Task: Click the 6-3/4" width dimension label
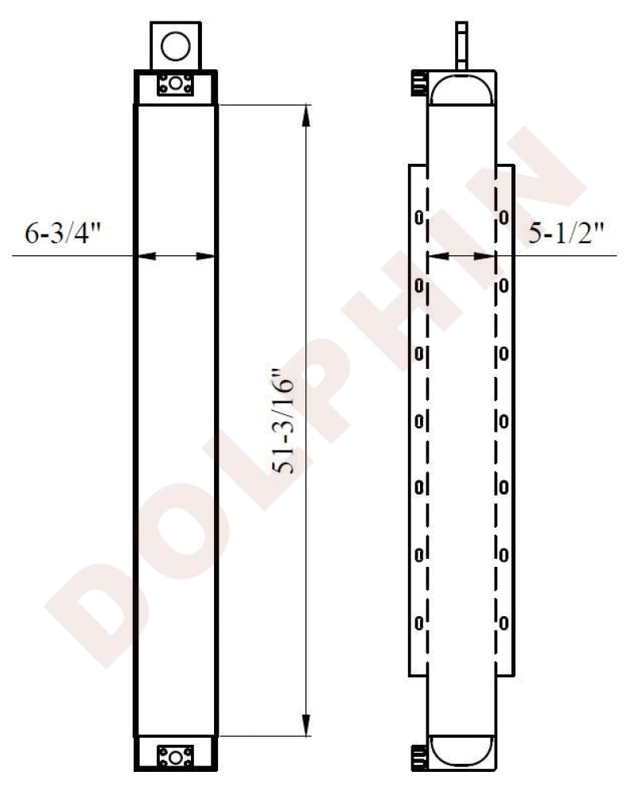click(64, 235)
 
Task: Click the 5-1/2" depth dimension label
click(567, 235)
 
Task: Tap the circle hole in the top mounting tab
click(175, 46)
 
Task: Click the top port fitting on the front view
click(175, 84)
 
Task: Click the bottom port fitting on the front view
click(175, 755)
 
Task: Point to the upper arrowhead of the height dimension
click(305, 115)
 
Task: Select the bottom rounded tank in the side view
click(461, 751)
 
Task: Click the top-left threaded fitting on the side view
click(418, 83)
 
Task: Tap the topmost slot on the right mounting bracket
click(504, 216)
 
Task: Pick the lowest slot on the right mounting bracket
click(504, 622)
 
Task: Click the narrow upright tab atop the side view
click(461, 45)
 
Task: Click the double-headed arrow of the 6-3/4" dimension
click(175, 256)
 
